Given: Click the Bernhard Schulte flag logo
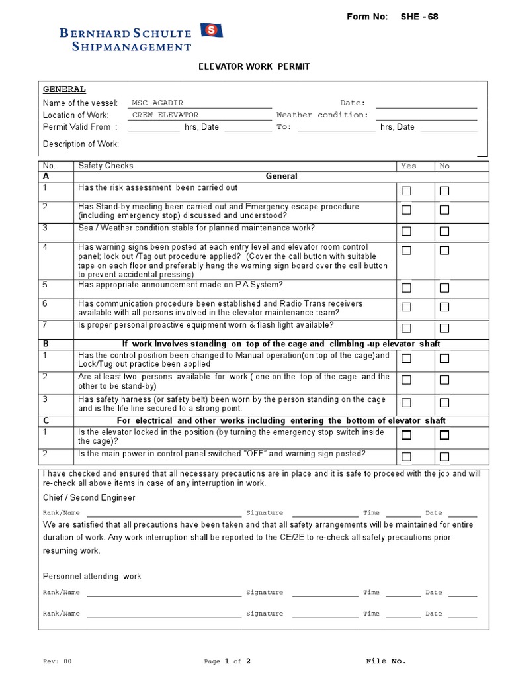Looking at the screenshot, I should click(x=212, y=30).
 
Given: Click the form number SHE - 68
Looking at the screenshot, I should click(x=419, y=17).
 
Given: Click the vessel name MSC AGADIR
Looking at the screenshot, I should click(x=157, y=103).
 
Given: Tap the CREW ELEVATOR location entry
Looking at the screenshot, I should click(x=165, y=115).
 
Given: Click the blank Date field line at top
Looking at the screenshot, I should click(x=426, y=103).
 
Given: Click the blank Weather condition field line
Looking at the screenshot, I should click(x=426, y=115).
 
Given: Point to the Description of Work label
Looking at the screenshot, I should click(x=81, y=144).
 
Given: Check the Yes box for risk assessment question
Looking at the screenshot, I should click(x=407, y=191).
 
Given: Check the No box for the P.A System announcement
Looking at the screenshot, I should click(x=444, y=288).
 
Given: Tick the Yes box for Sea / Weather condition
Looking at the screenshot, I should click(x=407, y=231).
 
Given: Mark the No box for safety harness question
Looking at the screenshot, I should click(x=444, y=403).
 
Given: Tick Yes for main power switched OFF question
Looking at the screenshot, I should click(x=407, y=456).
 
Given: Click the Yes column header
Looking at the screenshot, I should click(x=409, y=166).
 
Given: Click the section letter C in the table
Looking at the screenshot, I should click(x=46, y=420).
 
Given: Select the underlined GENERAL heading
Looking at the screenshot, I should click(x=64, y=89).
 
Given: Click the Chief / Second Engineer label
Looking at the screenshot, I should click(x=89, y=497).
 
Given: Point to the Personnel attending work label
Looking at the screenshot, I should click(x=92, y=576).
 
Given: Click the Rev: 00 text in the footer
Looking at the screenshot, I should click(x=57, y=661).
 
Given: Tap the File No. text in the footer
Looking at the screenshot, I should click(x=386, y=661).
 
